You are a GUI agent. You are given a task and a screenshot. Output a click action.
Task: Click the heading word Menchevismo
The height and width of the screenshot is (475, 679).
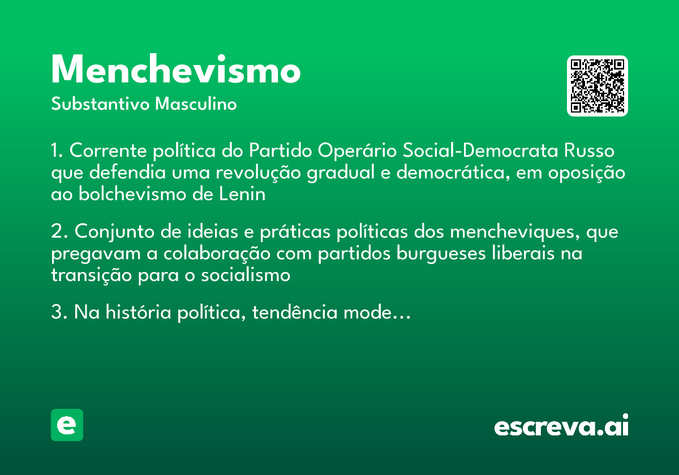(x=175, y=71)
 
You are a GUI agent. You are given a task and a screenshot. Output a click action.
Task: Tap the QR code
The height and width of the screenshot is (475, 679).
(x=598, y=86)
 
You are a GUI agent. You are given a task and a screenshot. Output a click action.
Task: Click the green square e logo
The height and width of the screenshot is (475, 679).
(x=67, y=425)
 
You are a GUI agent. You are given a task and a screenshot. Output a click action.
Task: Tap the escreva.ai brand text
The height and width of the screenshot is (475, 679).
(x=561, y=427)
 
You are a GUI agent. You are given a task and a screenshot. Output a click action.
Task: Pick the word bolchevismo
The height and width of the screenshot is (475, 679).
(x=134, y=195)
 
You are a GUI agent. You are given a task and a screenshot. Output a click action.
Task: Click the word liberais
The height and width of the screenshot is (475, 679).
(x=519, y=254)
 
